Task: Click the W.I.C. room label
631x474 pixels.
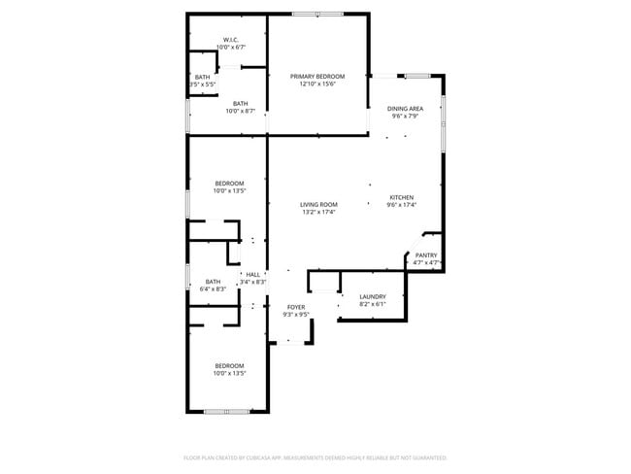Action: tap(230, 40)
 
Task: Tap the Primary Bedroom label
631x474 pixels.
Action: tap(316, 76)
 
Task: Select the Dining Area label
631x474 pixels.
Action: tap(405, 109)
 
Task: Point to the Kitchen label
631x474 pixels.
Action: tap(401, 196)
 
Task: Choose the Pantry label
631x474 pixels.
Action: tap(426, 254)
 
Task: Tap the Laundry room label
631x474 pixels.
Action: tap(373, 296)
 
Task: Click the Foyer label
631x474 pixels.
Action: tap(295, 307)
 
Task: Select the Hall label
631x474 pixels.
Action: tap(252, 275)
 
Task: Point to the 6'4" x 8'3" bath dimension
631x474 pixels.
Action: tap(213, 289)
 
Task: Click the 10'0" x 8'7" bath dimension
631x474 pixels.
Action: tap(240, 112)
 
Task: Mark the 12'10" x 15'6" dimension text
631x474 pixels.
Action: tap(316, 84)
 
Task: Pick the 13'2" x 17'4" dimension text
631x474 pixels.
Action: tap(318, 212)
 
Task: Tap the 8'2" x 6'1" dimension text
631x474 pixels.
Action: tap(373, 304)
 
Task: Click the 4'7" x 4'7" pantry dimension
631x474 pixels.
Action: tap(427, 262)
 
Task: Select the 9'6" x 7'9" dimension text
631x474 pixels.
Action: tap(405, 117)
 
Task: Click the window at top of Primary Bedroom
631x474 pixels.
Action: tap(317, 14)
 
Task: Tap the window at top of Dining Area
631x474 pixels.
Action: tap(418, 75)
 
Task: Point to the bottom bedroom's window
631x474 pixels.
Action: tap(227, 412)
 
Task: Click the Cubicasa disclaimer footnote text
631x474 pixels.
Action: tap(315, 457)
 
